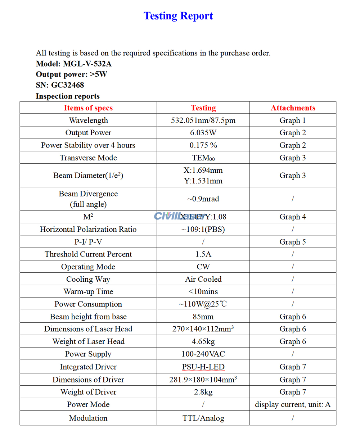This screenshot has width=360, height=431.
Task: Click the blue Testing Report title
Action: click(x=178, y=16)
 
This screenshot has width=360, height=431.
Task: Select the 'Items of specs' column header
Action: click(x=88, y=108)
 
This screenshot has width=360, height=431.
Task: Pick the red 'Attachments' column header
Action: click(x=293, y=108)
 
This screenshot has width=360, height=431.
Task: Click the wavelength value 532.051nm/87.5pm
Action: click(x=203, y=120)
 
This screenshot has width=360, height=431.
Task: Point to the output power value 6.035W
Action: click(x=203, y=133)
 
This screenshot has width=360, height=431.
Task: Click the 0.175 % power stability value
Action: click(x=203, y=145)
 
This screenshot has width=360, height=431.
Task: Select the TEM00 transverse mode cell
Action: click(x=203, y=158)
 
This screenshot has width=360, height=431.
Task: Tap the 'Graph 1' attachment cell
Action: click(x=293, y=120)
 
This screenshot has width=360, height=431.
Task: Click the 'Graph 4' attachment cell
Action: click(x=293, y=217)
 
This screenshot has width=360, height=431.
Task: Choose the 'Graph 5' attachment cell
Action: click(x=293, y=242)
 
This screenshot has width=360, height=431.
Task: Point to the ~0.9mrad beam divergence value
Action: click(x=203, y=199)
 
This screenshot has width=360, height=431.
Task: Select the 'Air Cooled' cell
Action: click(x=203, y=279)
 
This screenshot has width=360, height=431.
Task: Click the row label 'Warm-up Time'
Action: click(x=88, y=291)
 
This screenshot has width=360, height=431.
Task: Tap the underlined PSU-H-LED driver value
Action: click(x=203, y=367)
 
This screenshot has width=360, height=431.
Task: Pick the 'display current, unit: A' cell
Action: click(x=293, y=404)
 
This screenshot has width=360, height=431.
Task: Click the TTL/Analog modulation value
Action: click(x=203, y=418)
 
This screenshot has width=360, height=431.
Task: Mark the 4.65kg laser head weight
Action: click(x=203, y=341)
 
